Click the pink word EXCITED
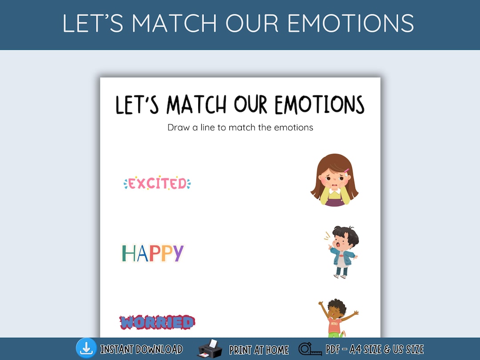tap(157, 183)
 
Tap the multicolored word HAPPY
tap(152, 253)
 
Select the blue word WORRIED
tap(157, 322)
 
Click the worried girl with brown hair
tap(334, 180)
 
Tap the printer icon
tap(210, 349)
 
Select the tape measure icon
tap(310, 349)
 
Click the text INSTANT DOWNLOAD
tap(141, 349)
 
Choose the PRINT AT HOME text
tap(259, 350)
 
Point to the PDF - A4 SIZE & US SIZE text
tap(375, 349)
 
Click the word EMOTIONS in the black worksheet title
tap(320, 105)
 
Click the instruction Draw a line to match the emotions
tap(240, 128)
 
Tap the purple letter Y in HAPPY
tap(177, 253)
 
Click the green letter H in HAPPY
tap(128, 253)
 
